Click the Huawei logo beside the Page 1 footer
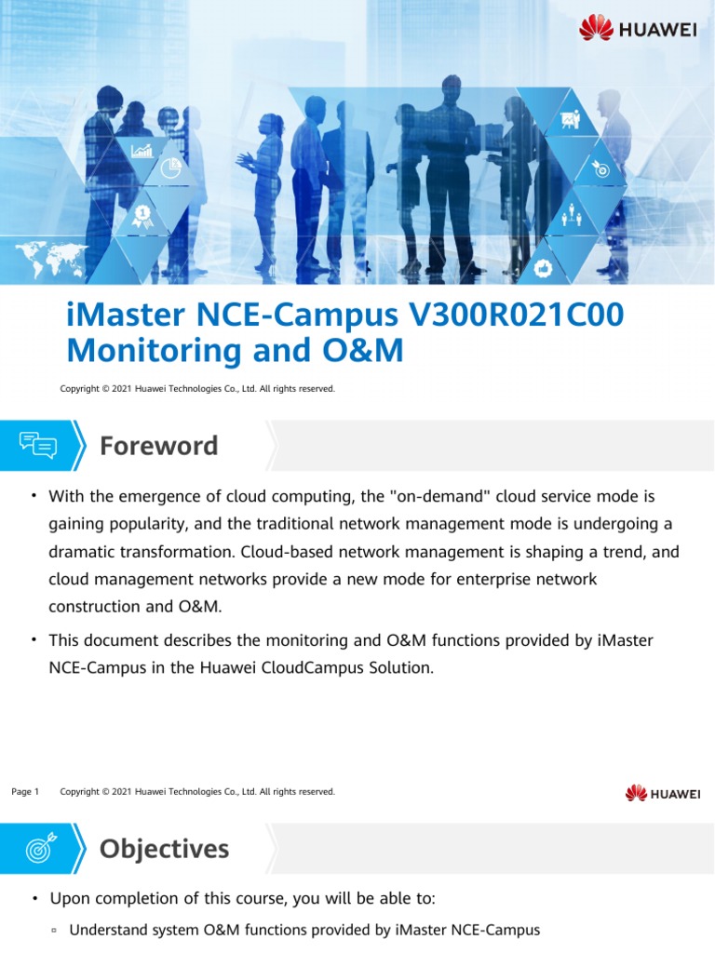[x=662, y=793]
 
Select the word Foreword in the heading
[x=159, y=446]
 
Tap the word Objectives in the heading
[x=164, y=848]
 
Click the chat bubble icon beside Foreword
[x=38, y=446]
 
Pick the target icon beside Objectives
[x=38, y=848]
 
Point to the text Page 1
[x=25, y=792]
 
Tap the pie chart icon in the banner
[x=171, y=168]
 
